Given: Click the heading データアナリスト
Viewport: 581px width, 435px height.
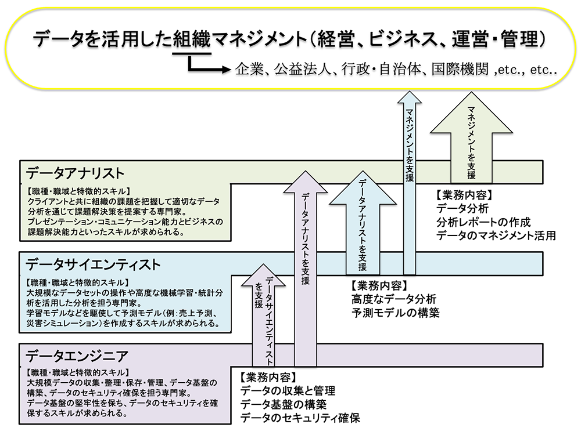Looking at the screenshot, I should pyautogui.click(x=75, y=173).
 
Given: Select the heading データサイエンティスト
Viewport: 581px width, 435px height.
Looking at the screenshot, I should pyautogui.click(x=92, y=265).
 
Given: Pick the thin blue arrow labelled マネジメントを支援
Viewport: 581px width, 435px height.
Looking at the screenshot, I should pyautogui.click(x=410, y=174).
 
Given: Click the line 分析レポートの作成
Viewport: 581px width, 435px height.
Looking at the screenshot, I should pyautogui.click(x=483, y=222).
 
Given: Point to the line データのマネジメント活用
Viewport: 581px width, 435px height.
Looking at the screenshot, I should pyautogui.click(x=496, y=235).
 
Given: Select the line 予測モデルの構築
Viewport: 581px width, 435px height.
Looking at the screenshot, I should pyautogui.click(x=395, y=313).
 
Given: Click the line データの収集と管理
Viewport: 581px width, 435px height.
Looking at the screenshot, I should pyautogui.click(x=288, y=391).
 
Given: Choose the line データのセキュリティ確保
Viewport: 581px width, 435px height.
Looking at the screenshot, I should pyautogui.click(x=303, y=418).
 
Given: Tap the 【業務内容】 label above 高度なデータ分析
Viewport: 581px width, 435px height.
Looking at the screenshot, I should pyautogui.click(x=378, y=285).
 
